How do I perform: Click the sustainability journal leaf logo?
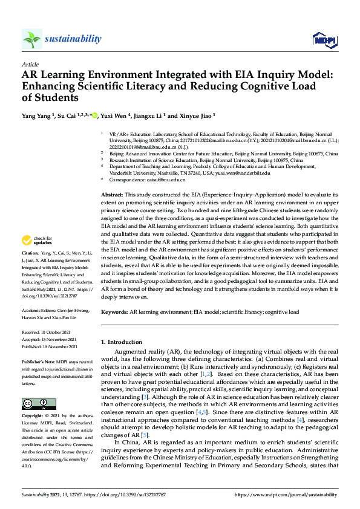click(32, 39)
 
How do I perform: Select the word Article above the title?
click(30, 64)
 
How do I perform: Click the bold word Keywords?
click(114, 312)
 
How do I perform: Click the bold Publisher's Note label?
click(39, 361)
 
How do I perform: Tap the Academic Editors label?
click(39, 309)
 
